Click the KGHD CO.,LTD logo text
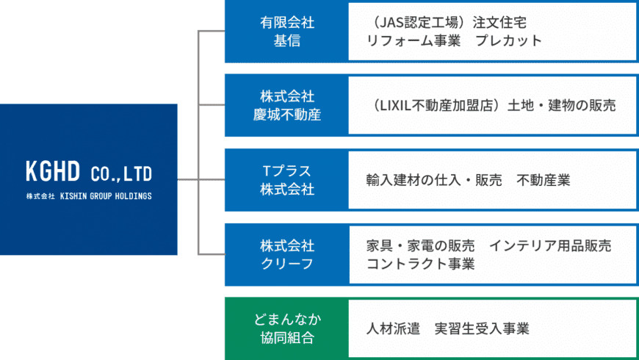(x=88, y=173)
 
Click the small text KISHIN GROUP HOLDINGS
(x=105, y=196)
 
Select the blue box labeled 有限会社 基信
(x=286, y=32)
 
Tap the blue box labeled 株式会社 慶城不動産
(x=286, y=105)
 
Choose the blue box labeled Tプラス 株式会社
(x=286, y=180)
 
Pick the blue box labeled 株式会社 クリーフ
(x=286, y=254)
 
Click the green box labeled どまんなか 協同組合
(x=286, y=328)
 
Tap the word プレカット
(x=508, y=41)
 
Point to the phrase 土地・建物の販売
(x=562, y=106)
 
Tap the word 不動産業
(x=544, y=180)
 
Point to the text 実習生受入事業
(x=482, y=328)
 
